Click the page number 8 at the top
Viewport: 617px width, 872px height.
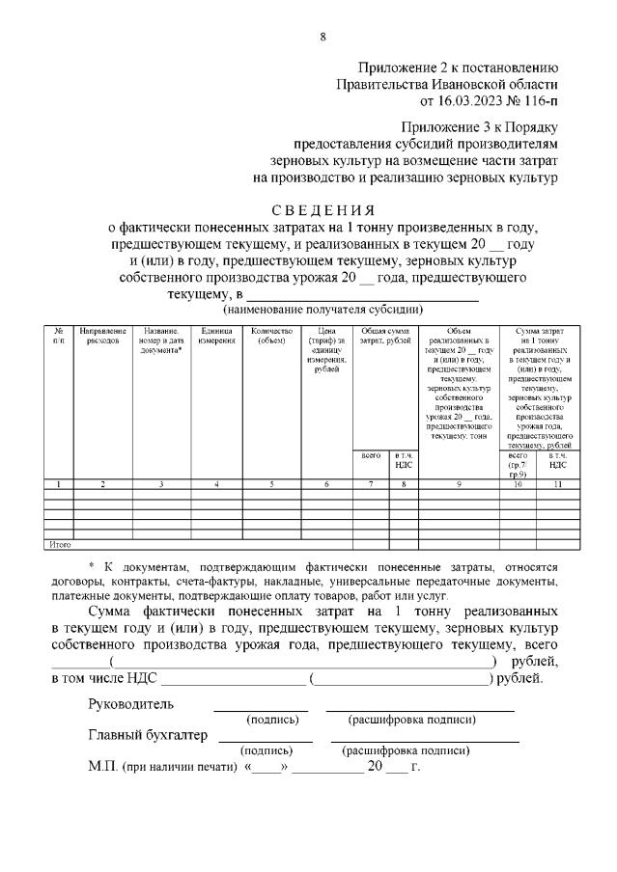click(x=323, y=37)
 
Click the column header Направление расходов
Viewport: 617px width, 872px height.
click(x=102, y=336)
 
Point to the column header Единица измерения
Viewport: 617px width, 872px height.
click(x=216, y=336)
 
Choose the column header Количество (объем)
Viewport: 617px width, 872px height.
click(x=271, y=336)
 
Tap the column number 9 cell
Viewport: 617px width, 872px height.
click(x=459, y=483)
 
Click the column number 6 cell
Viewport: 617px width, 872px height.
click(x=326, y=483)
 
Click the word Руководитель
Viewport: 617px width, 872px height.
click(x=130, y=703)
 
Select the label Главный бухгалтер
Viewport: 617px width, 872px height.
click(x=148, y=736)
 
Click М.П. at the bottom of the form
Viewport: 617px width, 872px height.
click(x=101, y=768)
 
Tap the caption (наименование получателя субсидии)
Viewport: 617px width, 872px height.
click(x=323, y=310)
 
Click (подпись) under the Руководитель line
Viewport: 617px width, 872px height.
click(x=273, y=720)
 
